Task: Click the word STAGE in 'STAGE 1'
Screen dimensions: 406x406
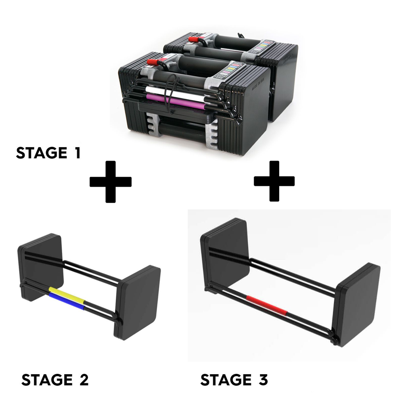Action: coord(42,153)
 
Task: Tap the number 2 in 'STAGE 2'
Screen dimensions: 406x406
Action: coord(83,380)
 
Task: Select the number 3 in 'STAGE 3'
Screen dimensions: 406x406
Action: coord(262,380)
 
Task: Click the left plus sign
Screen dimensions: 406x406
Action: coord(110,182)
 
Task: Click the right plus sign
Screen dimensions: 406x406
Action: coord(274,181)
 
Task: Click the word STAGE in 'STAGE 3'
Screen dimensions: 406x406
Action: coord(224,380)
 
